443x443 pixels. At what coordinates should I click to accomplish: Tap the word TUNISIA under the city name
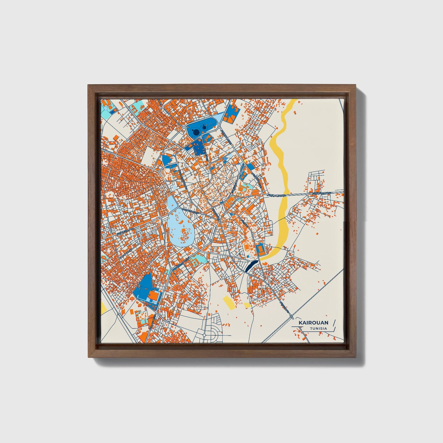pos(318,328)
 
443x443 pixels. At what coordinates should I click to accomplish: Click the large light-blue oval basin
pos(181,227)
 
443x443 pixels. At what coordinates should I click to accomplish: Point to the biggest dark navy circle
pos(195,132)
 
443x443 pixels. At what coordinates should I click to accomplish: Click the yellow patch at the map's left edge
pos(103,307)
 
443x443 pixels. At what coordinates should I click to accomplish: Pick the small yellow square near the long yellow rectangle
pos(247,305)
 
